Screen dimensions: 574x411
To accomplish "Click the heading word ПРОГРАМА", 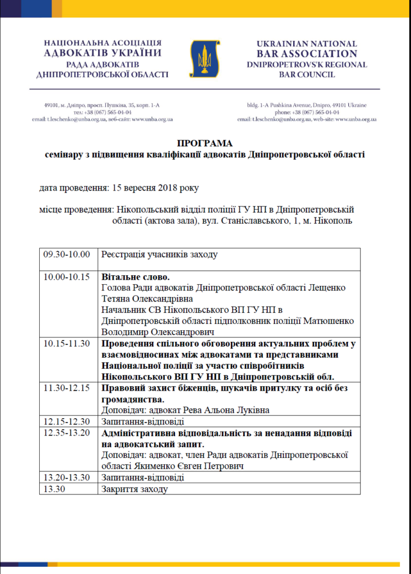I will click(x=204, y=143).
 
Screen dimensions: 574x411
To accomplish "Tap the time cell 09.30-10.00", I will click(x=67, y=254).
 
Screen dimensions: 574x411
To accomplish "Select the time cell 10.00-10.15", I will click(x=67, y=277).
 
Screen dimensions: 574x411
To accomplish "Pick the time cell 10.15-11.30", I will click(x=67, y=344).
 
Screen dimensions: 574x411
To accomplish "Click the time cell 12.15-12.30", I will click(x=67, y=421).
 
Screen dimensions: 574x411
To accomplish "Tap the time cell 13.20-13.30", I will click(x=67, y=478).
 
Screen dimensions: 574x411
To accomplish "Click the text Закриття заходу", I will click(x=134, y=489).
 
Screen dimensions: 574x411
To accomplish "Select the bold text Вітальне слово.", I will click(x=135, y=277).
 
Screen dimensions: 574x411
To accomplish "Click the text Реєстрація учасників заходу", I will click(x=159, y=254).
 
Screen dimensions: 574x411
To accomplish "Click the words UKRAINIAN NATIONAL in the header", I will click(x=307, y=44).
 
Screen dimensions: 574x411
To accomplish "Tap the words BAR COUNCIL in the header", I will click(x=307, y=75).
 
